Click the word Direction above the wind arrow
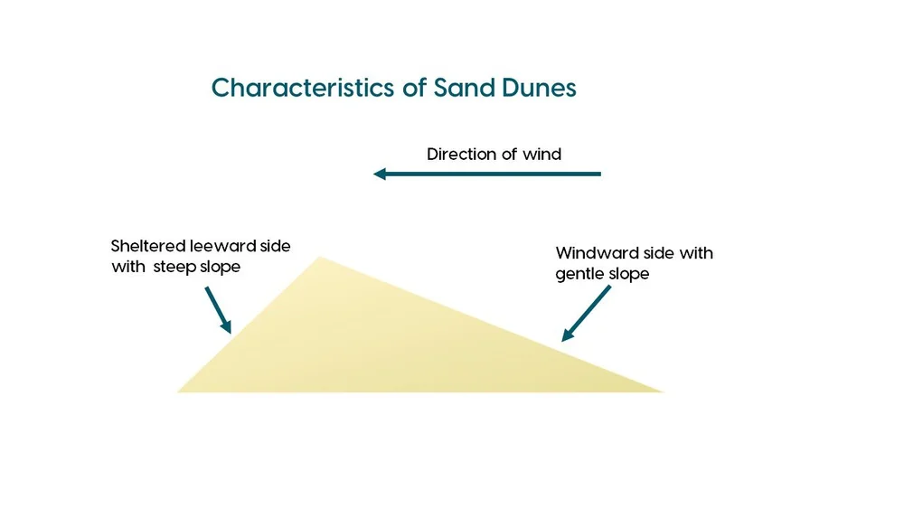(x=460, y=154)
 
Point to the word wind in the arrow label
(x=541, y=154)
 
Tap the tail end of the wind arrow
(x=599, y=174)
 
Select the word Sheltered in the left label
(x=147, y=246)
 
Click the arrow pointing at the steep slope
(x=219, y=309)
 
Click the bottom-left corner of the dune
(x=180, y=391)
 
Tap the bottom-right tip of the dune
(x=662, y=391)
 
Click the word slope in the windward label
(x=629, y=274)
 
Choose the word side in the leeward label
(x=275, y=246)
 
